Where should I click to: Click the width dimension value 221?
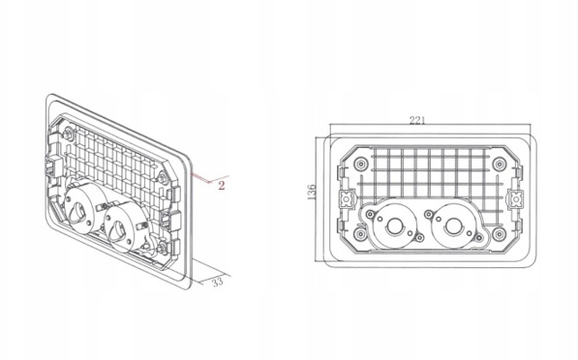point(417,120)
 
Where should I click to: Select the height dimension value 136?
point(312,192)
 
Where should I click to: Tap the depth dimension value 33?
point(218,282)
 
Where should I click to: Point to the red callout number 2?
point(221,186)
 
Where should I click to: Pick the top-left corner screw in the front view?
point(360,164)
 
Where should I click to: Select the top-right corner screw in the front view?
point(500,164)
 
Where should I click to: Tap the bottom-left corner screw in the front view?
point(360,234)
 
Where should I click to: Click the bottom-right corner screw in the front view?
point(500,234)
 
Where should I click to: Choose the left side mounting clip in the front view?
point(347,199)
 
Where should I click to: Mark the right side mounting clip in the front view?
point(515,199)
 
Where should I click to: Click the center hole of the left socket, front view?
point(394,226)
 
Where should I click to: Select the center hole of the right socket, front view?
point(452,226)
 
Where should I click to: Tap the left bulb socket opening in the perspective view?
point(78,212)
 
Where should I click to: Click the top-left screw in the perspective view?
point(68,134)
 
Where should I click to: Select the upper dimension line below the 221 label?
point(431,125)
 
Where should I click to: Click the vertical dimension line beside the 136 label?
point(317,199)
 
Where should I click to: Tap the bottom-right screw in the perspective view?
point(163,249)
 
